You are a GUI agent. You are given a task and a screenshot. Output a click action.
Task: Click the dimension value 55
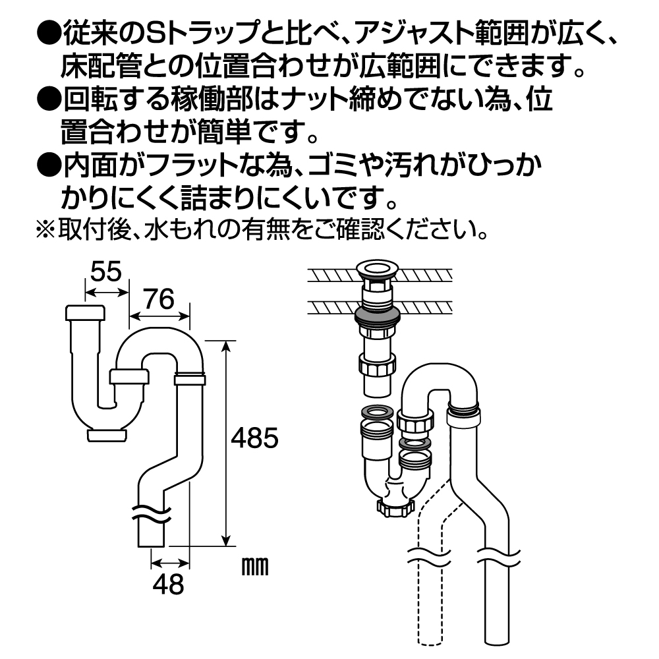[106, 272]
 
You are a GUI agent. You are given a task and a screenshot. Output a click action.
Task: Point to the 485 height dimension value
[254, 438]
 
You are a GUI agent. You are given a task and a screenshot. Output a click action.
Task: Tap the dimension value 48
[168, 584]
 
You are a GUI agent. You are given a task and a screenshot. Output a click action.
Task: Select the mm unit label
[255, 567]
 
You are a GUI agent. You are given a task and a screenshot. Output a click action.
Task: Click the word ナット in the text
[309, 100]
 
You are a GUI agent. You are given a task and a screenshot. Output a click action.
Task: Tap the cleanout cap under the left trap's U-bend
[107, 435]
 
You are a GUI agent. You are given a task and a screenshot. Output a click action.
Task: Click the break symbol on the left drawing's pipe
[151, 513]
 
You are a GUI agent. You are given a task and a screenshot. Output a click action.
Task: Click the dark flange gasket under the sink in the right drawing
[376, 316]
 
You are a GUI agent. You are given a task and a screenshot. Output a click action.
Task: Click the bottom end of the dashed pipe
[430, 643]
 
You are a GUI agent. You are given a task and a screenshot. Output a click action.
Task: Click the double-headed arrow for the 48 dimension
[170, 563]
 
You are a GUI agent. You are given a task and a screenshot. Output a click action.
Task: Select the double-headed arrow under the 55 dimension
[106, 292]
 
